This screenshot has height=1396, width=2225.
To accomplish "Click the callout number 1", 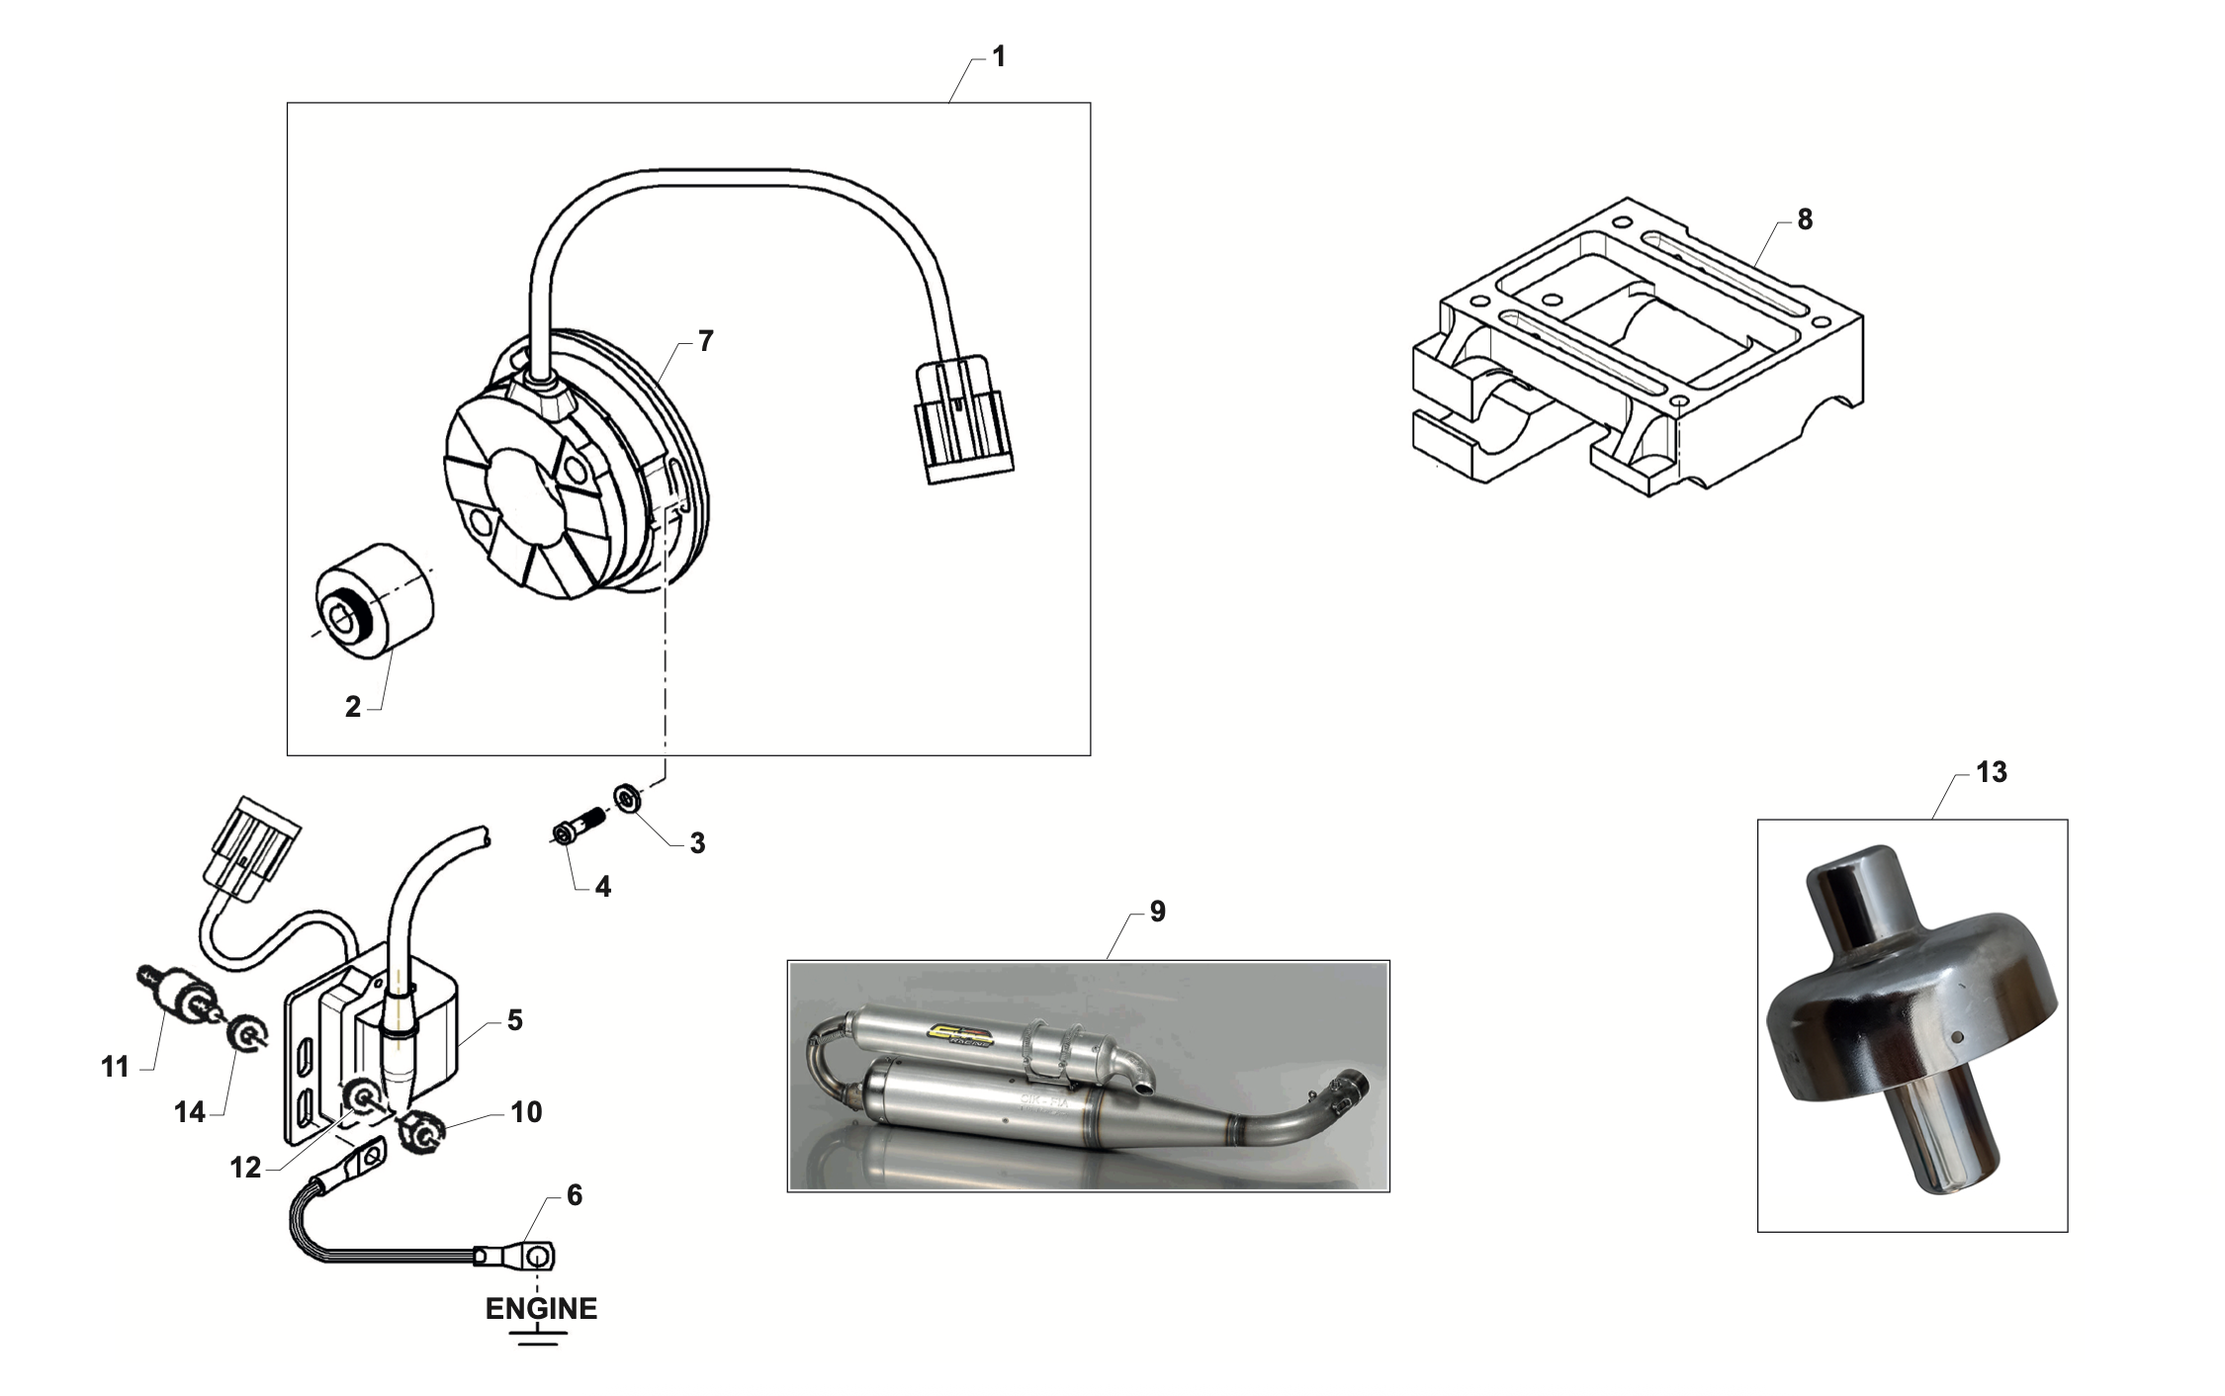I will (999, 57).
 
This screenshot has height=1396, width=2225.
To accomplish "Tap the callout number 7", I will (705, 341).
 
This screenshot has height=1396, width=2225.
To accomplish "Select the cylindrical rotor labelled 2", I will (375, 599).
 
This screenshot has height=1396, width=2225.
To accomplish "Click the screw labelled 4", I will (578, 824).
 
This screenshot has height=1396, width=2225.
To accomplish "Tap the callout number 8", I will (1805, 219).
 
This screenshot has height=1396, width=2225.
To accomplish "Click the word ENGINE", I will (541, 1309).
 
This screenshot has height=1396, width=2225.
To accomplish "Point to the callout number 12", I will (245, 1168).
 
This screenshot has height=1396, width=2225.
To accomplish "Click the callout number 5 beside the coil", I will (514, 1020).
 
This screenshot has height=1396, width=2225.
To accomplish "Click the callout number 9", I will (1157, 912).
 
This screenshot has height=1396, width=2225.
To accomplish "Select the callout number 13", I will (1992, 772).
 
